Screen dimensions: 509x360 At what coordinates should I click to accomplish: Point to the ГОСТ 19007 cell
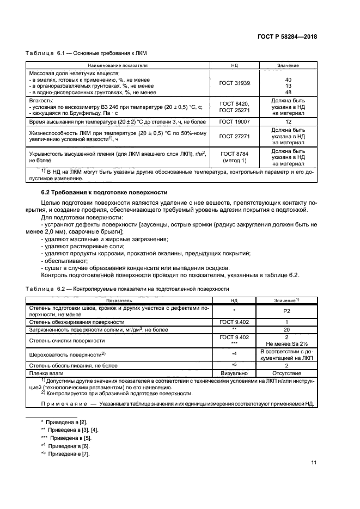[x=234, y=123]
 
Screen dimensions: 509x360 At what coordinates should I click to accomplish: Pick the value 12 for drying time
[x=288, y=123]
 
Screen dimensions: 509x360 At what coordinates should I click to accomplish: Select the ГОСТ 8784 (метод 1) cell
[x=234, y=157]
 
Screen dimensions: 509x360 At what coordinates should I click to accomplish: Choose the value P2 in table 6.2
[x=288, y=311]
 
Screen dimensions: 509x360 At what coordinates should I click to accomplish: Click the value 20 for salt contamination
[x=288, y=330]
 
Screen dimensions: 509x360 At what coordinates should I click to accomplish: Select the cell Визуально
[x=234, y=373]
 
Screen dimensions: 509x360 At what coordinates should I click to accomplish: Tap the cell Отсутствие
[x=288, y=373]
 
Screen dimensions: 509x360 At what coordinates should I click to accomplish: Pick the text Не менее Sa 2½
[x=288, y=344]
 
